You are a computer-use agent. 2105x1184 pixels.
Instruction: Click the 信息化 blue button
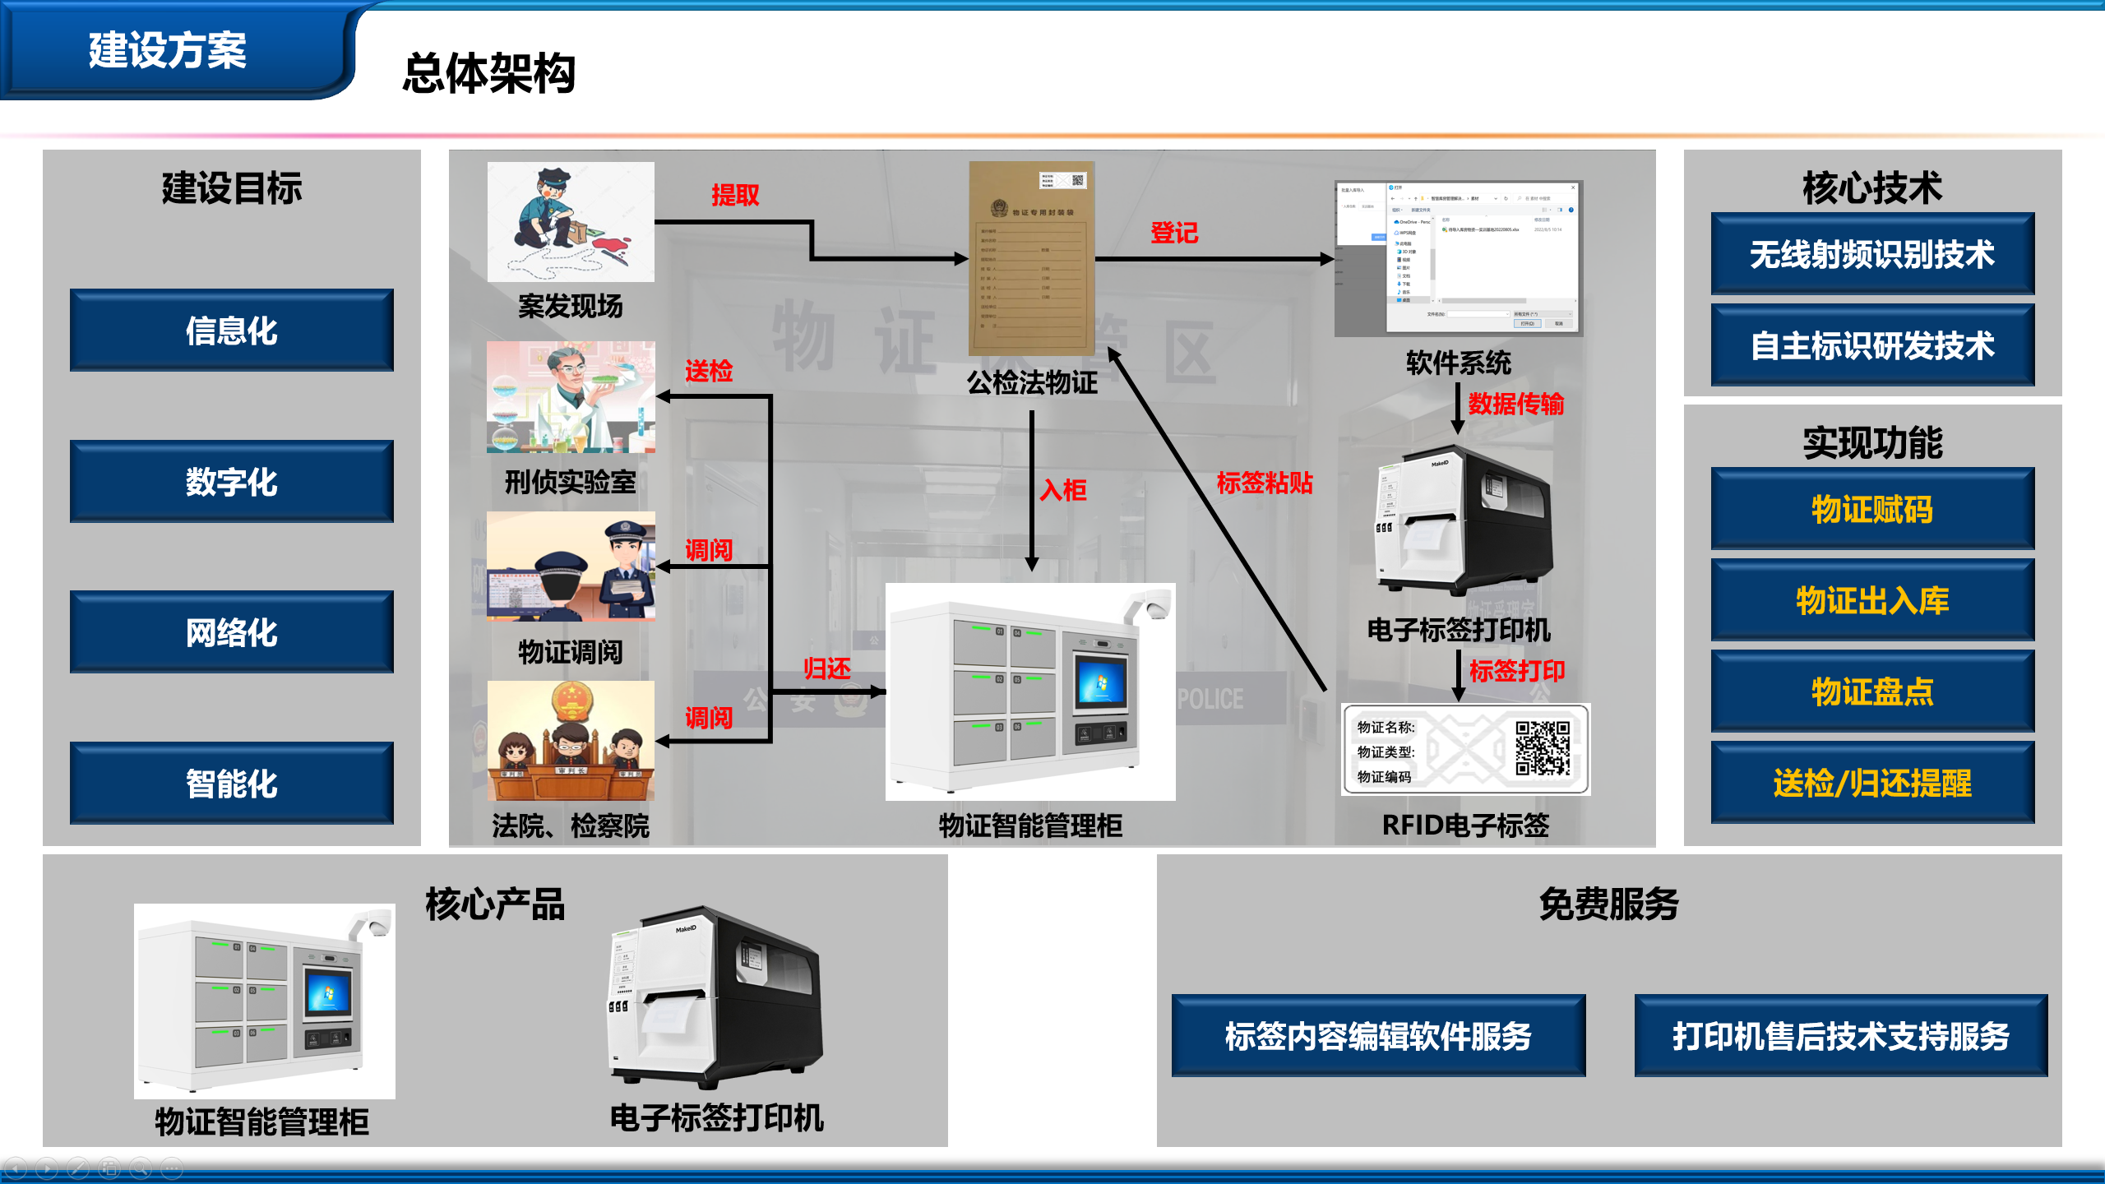[x=231, y=331]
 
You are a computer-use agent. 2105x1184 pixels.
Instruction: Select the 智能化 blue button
[x=231, y=784]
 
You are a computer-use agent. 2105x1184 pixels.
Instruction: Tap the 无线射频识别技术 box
[x=1872, y=254]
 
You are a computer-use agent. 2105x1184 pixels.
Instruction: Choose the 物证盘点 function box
[x=1872, y=691]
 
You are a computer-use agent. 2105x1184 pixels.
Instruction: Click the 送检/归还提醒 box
[x=1872, y=783]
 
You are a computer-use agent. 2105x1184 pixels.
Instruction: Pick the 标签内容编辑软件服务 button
[x=1378, y=1036]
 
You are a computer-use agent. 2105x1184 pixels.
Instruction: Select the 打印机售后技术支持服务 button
[x=1840, y=1036]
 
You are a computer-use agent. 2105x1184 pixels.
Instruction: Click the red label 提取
[x=735, y=195]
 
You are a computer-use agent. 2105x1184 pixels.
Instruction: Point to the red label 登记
[x=1174, y=233]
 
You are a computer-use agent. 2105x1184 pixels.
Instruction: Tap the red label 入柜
[x=1063, y=491]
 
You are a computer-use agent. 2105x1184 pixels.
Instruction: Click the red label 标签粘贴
[x=1265, y=483]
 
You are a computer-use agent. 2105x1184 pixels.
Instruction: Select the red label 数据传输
[x=1516, y=404]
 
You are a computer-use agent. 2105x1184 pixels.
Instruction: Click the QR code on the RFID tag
[x=1543, y=748]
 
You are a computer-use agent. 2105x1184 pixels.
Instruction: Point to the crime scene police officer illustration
[x=571, y=222]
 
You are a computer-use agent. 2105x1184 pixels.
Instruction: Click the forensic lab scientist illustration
[x=571, y=397]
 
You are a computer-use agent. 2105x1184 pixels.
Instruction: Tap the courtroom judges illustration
[x=571, y=741]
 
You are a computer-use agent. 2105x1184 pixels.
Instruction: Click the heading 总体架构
[x=488, y=73]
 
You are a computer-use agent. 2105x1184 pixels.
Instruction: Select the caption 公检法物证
[x=1032, y=382]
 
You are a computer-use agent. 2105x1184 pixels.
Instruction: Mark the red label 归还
[x=827, y=668]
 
